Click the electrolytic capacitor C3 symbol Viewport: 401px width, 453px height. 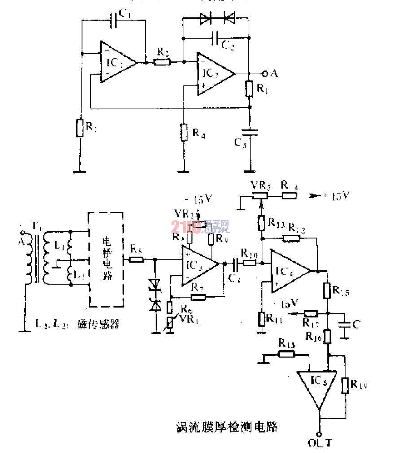(250, 132)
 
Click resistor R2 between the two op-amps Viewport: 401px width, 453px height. (161, 62)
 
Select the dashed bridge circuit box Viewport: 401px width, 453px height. (107, 259)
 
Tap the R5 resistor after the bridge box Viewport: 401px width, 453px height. (136, 259)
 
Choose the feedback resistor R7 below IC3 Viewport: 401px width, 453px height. (197, 297)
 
